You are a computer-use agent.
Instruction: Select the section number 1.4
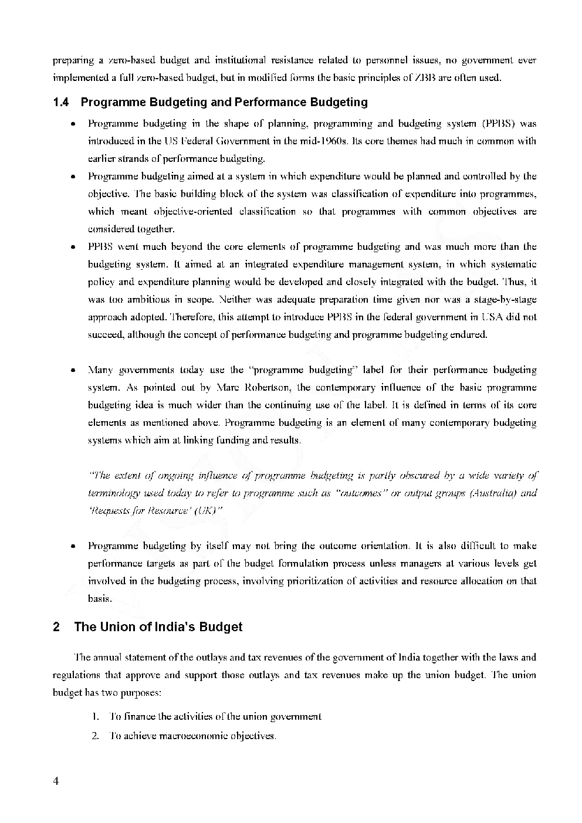point(60,103)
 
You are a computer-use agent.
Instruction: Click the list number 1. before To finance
point(95,717)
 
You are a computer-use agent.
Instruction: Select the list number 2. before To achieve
point(95,736)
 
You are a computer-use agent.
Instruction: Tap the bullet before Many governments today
point(72,371)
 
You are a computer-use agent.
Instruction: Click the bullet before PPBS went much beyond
point(72,248)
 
